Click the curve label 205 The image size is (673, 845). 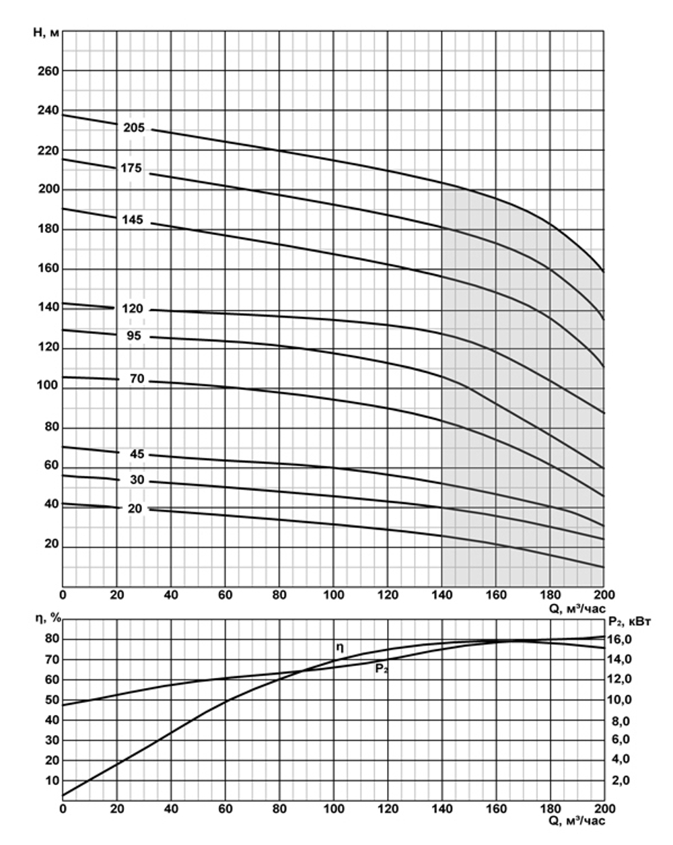pos(134,128)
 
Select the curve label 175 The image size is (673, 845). pos(131,168)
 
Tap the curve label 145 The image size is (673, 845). pos(133,219)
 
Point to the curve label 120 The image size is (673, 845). pos(133,309)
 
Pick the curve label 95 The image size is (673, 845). pos(135,335)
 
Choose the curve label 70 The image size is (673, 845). pos(137,379)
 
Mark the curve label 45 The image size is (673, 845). pos(137,454)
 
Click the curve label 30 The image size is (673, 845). pos(137,481)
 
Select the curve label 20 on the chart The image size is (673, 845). pos(135,508)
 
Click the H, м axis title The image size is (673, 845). pos(46,31)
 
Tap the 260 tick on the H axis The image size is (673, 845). pos(48,71)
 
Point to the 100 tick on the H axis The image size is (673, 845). pos(48,388)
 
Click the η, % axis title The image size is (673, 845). pos(48,619)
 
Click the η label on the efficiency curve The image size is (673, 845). pos(340,648)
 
